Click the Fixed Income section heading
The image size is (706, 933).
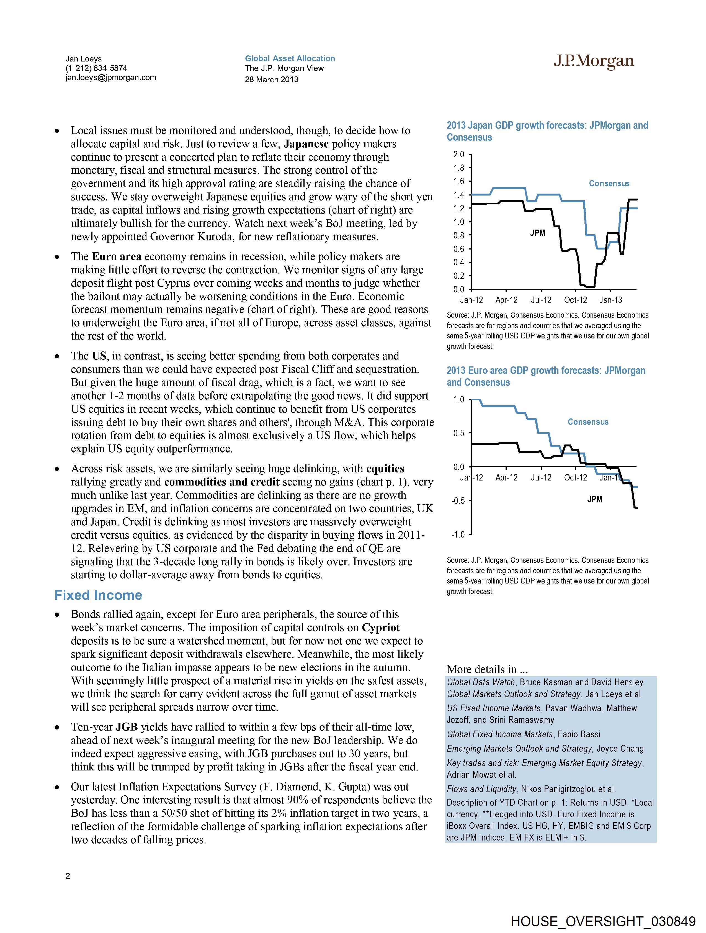[98, 595]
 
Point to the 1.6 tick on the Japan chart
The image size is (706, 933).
[458, 181]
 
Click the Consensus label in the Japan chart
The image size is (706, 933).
[609, 184]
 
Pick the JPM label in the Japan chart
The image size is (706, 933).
[537, 233]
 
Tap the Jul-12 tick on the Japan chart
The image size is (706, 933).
[541, 300]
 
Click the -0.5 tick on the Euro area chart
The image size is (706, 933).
[458, 501]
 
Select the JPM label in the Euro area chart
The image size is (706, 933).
[595, 499]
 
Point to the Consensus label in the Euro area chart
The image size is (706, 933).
[588, 422]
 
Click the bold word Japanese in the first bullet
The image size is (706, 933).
[306, 144]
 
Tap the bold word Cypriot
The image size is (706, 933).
[381, 628]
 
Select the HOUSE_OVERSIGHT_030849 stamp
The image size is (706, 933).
[603, 921]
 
